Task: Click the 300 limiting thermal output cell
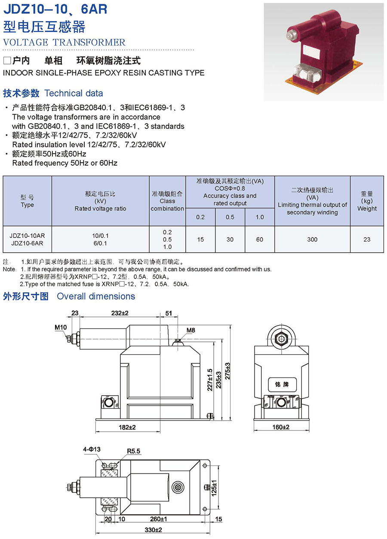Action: click(x=312, y=239)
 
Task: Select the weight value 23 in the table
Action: click(x=367, y=239)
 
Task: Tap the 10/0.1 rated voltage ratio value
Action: click(x=100, y=235)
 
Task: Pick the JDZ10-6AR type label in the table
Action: click(x=27, y=243)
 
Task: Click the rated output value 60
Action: click(x=260, y=239)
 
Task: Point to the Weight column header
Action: click(x=367, y=201)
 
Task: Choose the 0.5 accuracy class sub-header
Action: click(x=230, y=217)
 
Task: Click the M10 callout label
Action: click(x=61, y=327)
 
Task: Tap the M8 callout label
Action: click(x=190, y=330)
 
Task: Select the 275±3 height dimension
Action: click(x=227, y=371)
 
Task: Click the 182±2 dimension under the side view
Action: click(x=127, y=427)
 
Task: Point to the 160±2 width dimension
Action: click(x=281, y=427)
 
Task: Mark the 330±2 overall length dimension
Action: click(x=154, y=530)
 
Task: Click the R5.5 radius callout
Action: click(x=133, y=451)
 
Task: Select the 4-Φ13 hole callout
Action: click(x=92, y=449)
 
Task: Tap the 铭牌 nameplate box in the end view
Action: click(x=282, y=384)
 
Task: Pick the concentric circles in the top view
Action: click(x=178, y=487)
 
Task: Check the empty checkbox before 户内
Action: click(x=7, y=61)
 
